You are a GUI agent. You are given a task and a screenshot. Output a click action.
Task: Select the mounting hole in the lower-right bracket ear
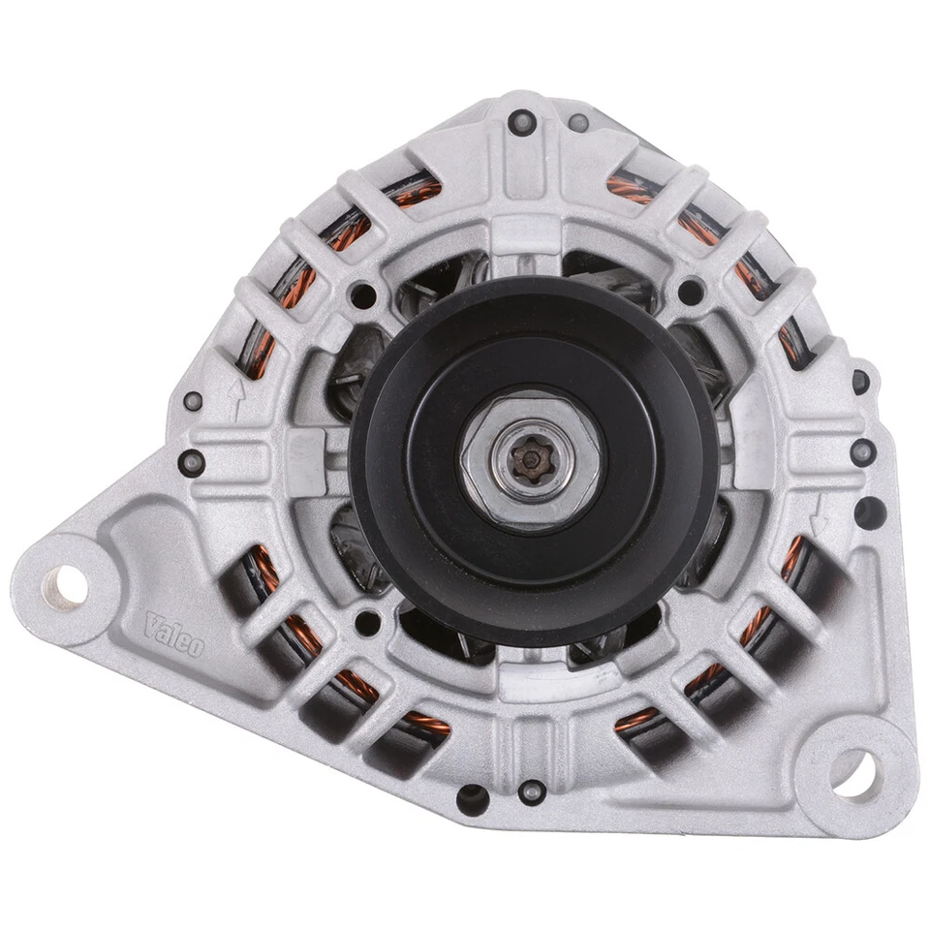click(853, 773)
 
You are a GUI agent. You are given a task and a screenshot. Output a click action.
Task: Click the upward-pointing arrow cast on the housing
click(232, 390)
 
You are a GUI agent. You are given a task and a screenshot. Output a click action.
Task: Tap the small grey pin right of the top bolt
click(578, 123)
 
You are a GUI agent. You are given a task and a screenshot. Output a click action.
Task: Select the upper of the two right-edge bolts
click(859, 380)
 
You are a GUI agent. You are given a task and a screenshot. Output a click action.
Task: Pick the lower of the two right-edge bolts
click(860, 450)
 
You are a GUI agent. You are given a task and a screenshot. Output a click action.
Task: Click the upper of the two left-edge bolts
click(193, 399)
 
